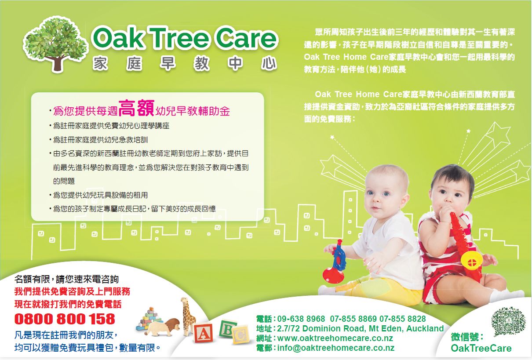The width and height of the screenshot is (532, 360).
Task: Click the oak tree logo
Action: (56, 45)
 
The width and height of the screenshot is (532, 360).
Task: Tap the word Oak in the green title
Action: (118, 38)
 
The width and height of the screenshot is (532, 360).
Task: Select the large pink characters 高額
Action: (137, 108)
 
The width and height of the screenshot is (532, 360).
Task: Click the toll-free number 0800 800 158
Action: (65, 319)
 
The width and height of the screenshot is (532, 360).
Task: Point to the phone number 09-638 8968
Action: (301, 319)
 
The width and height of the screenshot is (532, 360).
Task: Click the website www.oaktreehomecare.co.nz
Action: (335, 338)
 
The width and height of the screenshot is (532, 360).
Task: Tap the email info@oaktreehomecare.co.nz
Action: (336, 348)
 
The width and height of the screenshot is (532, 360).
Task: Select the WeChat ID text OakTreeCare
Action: (481, 349)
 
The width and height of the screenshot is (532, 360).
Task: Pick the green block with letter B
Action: (227, 329)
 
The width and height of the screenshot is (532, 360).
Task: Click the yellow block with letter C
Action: (241, 335)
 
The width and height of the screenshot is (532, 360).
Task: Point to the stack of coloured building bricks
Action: (149, 319)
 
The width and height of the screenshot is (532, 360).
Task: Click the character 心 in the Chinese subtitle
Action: (269, 63)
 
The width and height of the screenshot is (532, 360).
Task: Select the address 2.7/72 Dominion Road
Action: (321, 328)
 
